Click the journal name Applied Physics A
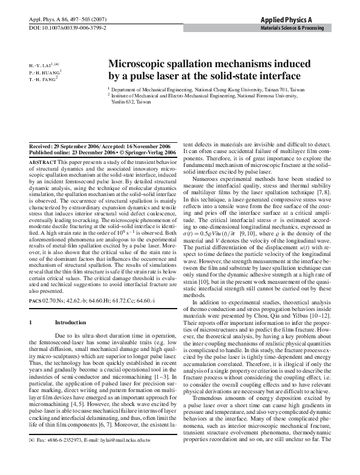pyautogui.click(x=312, y=19)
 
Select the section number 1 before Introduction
pyautogui.click(x=31, y=323)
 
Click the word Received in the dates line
pyautogui.click(x=42, y=148)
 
